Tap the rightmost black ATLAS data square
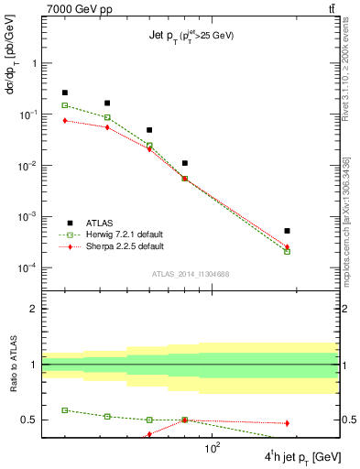tap(287, 231)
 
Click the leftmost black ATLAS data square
tap(65, 93)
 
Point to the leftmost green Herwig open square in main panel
tap(65, 105)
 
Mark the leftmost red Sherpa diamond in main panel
tap(65, 120)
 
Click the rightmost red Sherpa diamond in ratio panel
tap(287, 423)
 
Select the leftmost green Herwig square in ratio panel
tap(65, 410)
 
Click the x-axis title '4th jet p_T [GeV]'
tap(302, 456)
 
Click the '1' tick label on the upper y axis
tap(33, 64)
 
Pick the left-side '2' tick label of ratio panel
tap(33, 309)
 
